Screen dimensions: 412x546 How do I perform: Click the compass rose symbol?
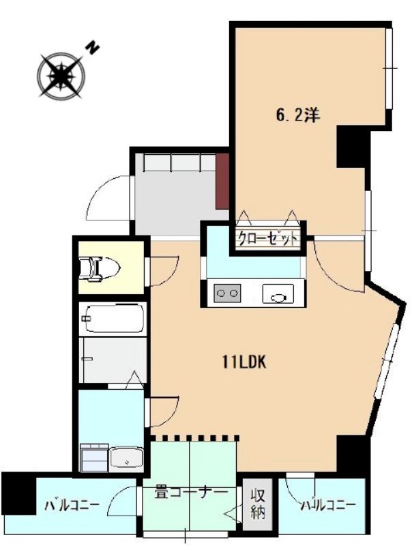coord(61,76)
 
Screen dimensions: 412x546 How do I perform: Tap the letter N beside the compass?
coord(92,48)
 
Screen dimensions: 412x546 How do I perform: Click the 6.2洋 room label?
coord(298,115)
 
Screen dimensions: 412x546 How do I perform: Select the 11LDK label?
coord(244,362)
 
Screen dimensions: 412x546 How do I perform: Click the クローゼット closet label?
coord(268,239)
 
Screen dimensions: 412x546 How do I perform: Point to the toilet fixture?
coord(100,268)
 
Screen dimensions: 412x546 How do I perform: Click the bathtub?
coord(112,319)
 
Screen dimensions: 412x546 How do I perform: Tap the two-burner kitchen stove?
coord(228,292)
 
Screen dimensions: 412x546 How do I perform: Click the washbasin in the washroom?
coord(126,458)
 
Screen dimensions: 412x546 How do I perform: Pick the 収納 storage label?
coord(259,504)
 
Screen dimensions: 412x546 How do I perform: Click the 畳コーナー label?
coord(191,493)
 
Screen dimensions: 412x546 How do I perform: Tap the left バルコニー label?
coord(72,505)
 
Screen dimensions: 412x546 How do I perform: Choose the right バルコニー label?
coord(329,505)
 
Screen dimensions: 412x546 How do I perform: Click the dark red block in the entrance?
coord(222,182)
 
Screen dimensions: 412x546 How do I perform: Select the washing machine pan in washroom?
coord(94,457)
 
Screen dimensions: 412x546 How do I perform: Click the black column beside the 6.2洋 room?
coord(351,146)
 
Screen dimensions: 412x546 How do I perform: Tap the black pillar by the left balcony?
coord(18,493)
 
